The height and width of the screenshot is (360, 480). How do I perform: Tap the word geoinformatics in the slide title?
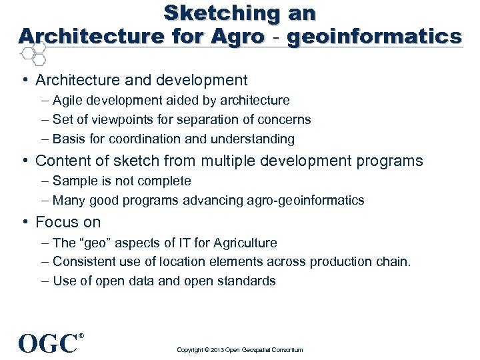(374, 36)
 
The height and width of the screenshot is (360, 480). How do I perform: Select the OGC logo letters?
(48, 343)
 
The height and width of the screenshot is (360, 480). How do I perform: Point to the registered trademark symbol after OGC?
(81, 335)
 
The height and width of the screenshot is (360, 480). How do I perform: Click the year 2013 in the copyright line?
(217, 350)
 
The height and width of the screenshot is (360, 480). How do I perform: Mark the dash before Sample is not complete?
(44, 181)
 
